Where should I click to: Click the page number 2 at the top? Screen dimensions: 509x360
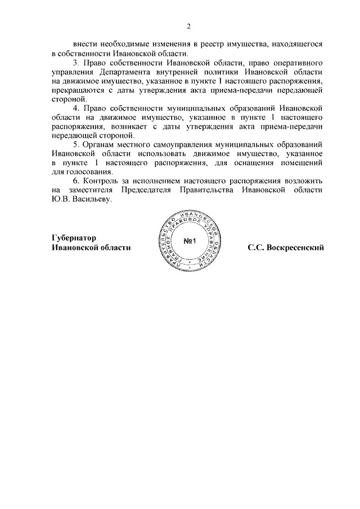[189, 26]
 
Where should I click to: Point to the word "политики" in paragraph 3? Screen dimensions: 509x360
[221, 72]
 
